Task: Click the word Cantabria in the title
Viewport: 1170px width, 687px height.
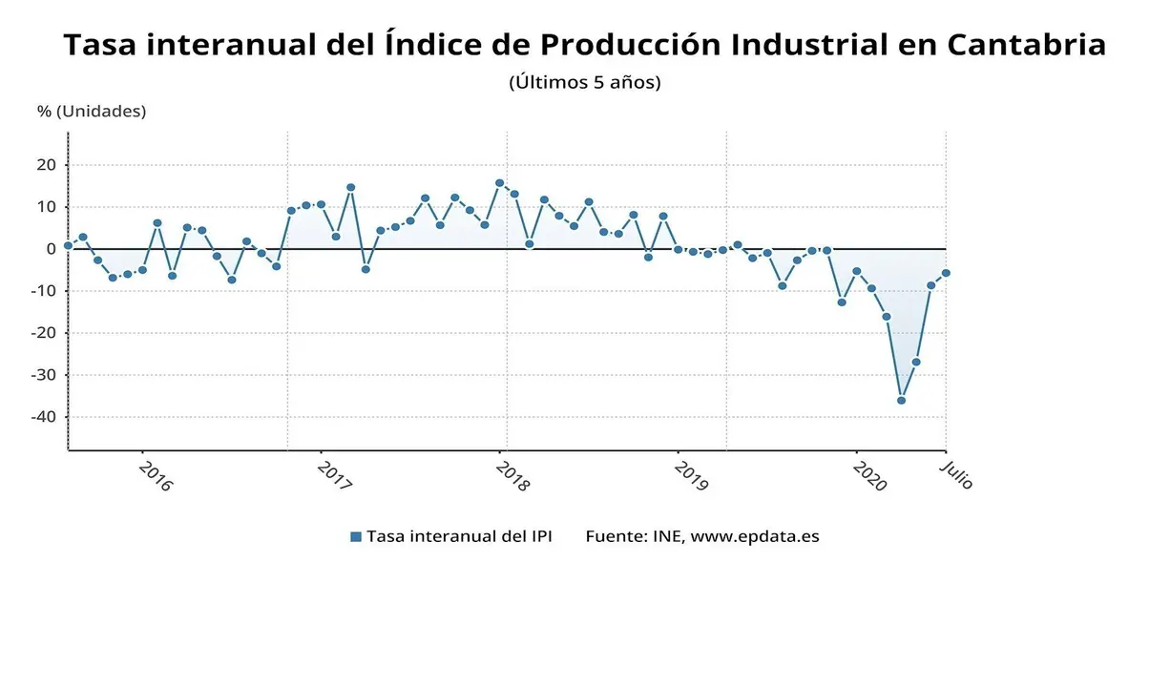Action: point(1027,45)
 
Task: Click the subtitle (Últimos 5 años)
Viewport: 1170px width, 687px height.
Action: point(585,82)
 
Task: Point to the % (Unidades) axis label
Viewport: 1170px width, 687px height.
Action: point(92,111)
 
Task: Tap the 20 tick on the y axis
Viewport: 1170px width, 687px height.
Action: point(47,165)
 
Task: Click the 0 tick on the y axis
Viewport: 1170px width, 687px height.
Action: point(52,249)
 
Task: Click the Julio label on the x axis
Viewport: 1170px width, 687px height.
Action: point(956,474)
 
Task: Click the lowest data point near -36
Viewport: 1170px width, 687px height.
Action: point(901,400)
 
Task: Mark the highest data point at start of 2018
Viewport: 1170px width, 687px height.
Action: point(499,182)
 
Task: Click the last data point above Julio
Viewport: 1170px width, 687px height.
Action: point(946,273)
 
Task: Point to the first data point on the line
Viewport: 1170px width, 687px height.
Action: point(68,246)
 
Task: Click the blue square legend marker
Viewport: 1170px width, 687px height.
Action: point(356,536)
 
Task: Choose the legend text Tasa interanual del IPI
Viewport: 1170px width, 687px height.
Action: point(459,536)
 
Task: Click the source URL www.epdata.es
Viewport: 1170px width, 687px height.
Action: point(755,536)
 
